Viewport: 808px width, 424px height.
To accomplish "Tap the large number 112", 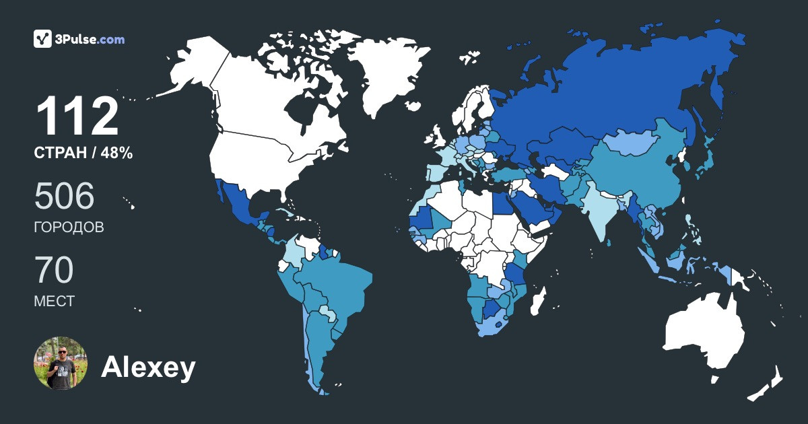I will [77, 117].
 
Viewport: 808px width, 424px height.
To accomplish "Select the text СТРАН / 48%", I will [83, 153].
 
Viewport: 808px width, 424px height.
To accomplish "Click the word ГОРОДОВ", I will [69, 227].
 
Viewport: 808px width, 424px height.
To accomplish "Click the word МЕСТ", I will [54, 302].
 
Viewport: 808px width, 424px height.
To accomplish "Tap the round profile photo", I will [61, 363].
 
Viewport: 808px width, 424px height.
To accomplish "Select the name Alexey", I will [148, 367].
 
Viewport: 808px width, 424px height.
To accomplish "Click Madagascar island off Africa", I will [538, 302].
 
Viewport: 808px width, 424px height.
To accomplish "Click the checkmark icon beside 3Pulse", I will [43, 39].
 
